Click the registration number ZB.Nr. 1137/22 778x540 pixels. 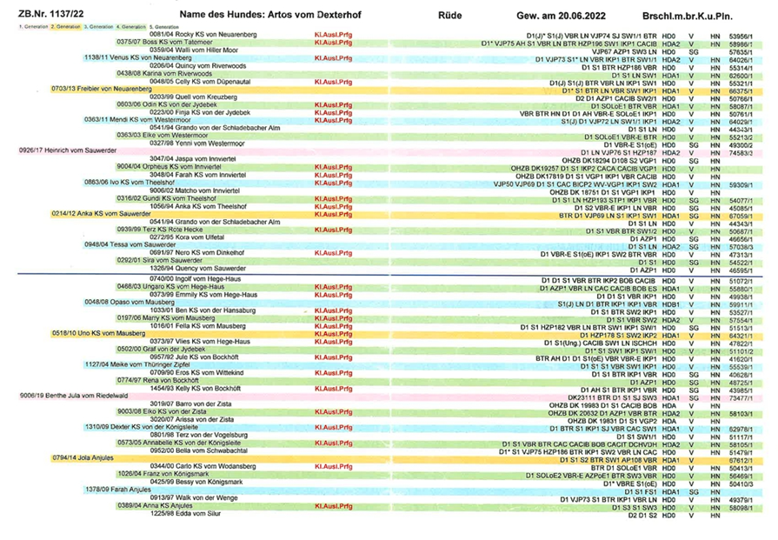(42, 15)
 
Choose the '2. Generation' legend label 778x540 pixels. (66, 27)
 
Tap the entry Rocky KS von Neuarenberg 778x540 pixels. (203, 33)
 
